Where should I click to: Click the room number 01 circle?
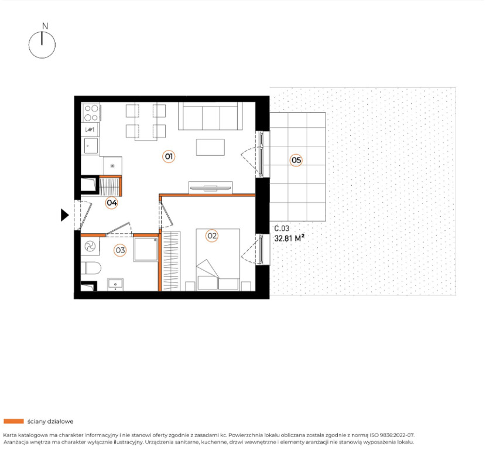pyautogui.click(x=169, y=156)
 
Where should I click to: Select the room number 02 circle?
pyautogui.click(x=212, y=236)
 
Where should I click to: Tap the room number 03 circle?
pyautogui.click(x=120, y=250)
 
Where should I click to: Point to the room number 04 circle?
pyautogui.click(x=112, y=203)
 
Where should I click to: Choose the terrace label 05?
pyautogui.click(x=296, y=160)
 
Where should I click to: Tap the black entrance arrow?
pyautogui.click(x=64, y=215)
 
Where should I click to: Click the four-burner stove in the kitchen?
pyautogui.click(x=91, y=113)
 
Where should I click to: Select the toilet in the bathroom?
pyautogui.click(x=91, y=268)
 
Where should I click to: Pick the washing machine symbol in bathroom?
pyautogui.click(x=90, y=247)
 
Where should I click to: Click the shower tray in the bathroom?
pyautogui.click(x=146, y=249)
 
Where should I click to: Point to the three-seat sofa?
pyautogui.click(x=210, y=116)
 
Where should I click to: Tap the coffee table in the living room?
pyautogui.click(x=210, y=147)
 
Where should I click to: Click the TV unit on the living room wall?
pyautogui.click(x=210, y=187)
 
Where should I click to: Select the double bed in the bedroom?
pyautogui.click(x=218, y=260)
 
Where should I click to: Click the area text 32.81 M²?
pyautogui.click(x=289, y=238)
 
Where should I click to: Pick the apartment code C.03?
pyautogui.click(x=282, y=229)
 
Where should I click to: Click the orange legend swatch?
pyautogui.click(x=13, y=421)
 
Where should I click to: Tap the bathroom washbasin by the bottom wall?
pyautogui.click(x=115, y=284)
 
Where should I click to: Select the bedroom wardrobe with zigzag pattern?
pyautogui.click(x=171, y=261)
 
